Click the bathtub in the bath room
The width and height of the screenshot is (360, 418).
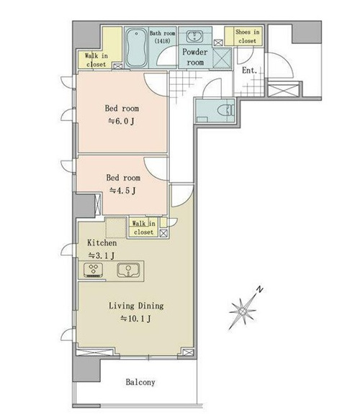coord(136,47)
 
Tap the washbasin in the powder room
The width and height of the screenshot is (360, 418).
coord(194,36)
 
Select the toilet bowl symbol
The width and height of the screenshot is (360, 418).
coord(226,110)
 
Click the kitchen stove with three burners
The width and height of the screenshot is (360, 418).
coord(93,270)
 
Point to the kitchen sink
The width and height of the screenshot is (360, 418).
coord(128,270)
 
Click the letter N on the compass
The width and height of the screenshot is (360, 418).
coord(260,289)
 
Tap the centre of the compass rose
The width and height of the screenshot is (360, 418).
coord(243,311)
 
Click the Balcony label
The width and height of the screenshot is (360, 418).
coord(140,382)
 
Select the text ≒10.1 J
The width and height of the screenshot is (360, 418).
coord(136,318)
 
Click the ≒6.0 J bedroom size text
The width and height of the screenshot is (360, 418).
coord(121,122)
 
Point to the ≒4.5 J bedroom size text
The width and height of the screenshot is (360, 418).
coord(122,191)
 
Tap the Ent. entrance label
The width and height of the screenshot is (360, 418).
coord(250,71)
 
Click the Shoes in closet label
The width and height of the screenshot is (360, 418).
coord(247,36)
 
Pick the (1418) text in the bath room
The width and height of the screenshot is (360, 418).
coord(162,41)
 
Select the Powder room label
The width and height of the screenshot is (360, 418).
coord(195,57)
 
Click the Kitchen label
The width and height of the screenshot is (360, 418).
coord(102,243)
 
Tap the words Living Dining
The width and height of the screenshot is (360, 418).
coord(136,306)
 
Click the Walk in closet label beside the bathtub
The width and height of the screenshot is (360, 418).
coord(96,60)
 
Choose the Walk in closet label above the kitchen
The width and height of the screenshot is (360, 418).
coord(143,227)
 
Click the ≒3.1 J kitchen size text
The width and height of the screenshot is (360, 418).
coord(102,255)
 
